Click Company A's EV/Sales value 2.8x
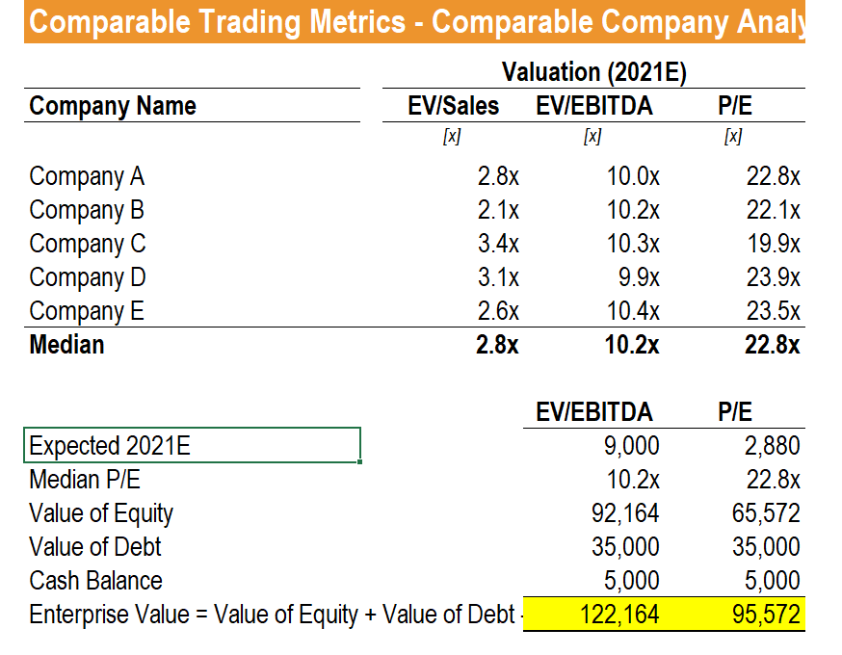[x=498, y=176]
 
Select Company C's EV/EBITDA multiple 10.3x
[x=633, y=244]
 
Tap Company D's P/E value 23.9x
[x=773, y=277]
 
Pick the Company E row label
[x=87, y=311]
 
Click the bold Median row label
[x=66, y=345]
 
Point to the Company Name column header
[x=113, y=106]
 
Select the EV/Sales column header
[x=454, y=106]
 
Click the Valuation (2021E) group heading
[x=594, y=72]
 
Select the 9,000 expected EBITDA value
[x=633, y=446]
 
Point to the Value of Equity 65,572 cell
[x=767, y=513]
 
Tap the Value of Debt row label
[x=95, y=547]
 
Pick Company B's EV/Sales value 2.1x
[x=498, y=210]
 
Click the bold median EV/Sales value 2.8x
[x=497, y=345]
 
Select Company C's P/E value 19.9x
[x=773, y=244]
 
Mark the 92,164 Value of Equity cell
[x=624, y=513]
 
